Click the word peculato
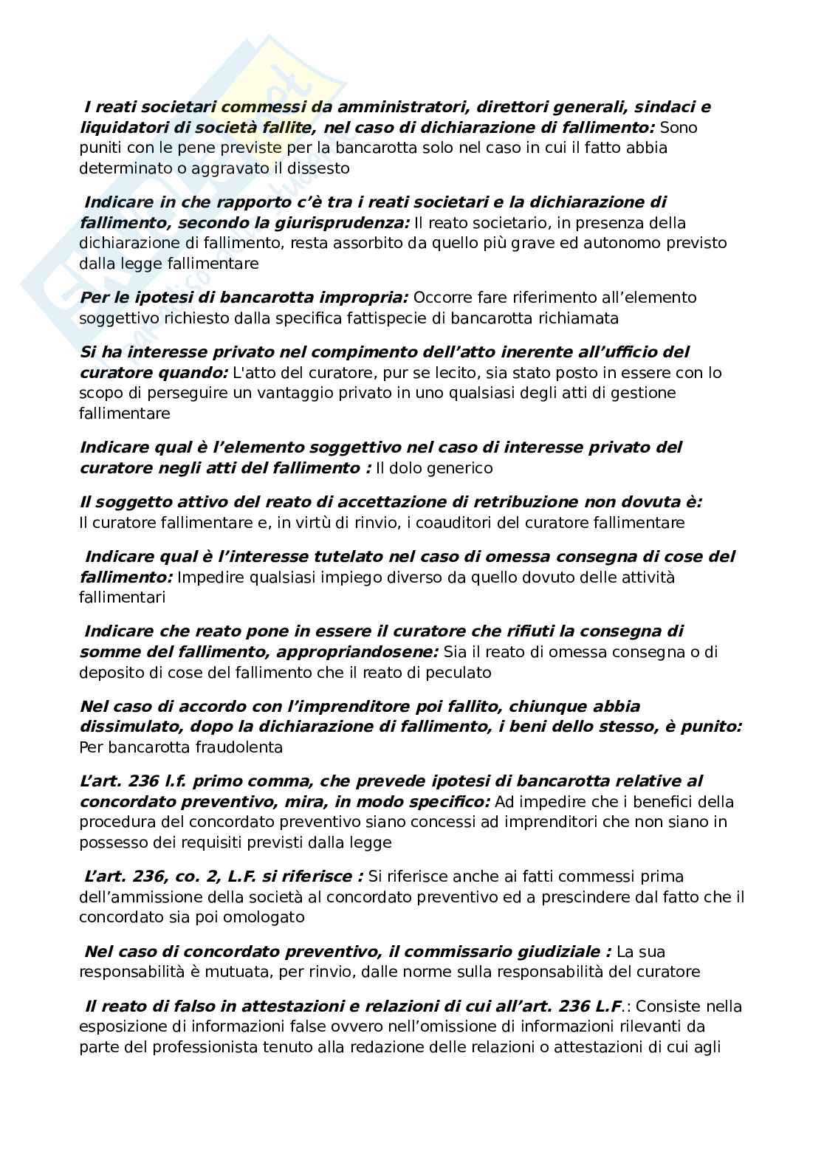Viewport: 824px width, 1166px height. [x=460, y=673]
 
